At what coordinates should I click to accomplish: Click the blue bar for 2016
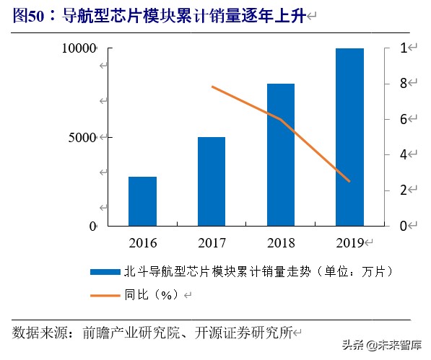pyautogui.click(x=142, y=201)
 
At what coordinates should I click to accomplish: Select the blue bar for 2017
pyautogui.click(x=212, y=181)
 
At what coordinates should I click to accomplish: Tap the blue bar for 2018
pyautogui.click(x=281, y=154)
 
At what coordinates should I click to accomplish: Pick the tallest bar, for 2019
pyautogui.click(x=350, y=137)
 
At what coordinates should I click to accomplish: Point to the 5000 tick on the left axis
pyautogui.click(x=85, y=137)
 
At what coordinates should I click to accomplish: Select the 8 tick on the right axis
pyautogui.click(x=405, y=84)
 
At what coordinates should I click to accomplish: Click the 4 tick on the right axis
pyautogui.click(x=405, y=154)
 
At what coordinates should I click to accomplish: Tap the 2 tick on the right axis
pyautogui.click(x=405, y=190)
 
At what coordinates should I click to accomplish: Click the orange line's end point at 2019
pyautogui.click(x=350, y=181)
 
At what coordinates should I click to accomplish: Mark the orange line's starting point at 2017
pyautogui.click(x=212, y=87)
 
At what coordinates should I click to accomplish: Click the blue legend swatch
pyautogui.click(x=104, y=272)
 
